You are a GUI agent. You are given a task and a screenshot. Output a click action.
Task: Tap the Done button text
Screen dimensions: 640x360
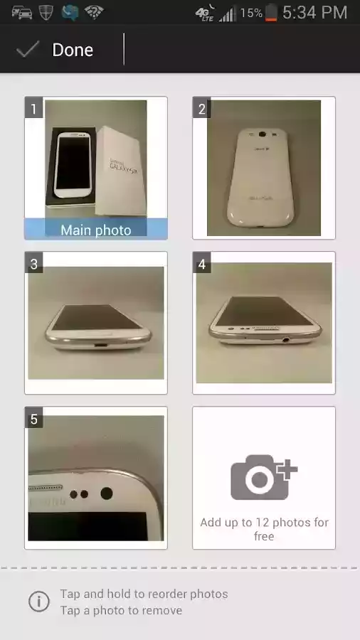coord(73,50)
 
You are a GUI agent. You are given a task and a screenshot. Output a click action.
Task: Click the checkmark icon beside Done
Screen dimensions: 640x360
coord(28,49)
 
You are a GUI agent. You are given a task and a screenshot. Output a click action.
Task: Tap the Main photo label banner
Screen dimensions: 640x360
coord(96,230)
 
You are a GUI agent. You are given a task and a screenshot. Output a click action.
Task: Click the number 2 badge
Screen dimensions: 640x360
coord(202,109)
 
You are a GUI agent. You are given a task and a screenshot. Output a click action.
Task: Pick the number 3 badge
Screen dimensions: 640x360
coord(33,264)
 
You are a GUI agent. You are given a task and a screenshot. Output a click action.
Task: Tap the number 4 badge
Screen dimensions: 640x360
coord(202,264)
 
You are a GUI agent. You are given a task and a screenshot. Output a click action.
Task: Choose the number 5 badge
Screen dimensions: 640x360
coord(33,419)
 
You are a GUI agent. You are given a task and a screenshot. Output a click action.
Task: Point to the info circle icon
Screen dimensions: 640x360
coord(38,602)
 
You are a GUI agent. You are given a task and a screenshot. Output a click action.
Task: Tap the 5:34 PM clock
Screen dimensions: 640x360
coord(314,12)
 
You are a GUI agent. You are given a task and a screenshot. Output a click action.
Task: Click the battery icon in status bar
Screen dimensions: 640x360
coord(271,12)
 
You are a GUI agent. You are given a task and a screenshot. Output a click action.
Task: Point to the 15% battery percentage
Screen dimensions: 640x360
coord(250,13)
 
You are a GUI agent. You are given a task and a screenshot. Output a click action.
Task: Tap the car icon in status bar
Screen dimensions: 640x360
coord(21,12)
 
